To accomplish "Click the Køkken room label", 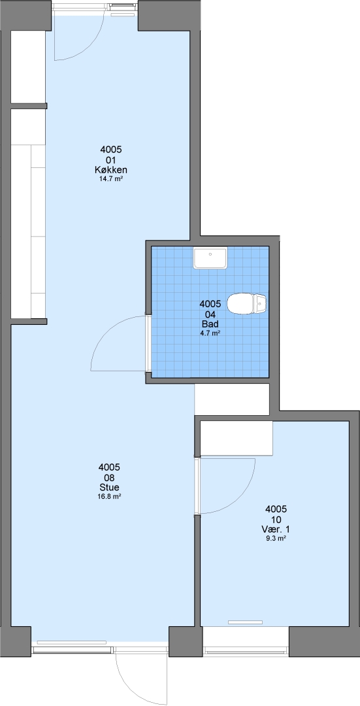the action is [110, 170].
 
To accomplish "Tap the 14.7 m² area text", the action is [110, 178].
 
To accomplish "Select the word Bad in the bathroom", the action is [210, 324].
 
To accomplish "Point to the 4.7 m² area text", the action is [210, 333].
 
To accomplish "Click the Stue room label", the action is [110, 487].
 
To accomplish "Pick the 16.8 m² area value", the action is [110, 496].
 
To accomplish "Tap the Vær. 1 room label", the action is [276, 529].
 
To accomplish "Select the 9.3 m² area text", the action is [276, 538].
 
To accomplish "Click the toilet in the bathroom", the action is [246, 304].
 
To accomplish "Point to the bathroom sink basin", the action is [210, 258].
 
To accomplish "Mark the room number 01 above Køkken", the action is [110, 160].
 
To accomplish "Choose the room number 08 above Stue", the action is [110, 477].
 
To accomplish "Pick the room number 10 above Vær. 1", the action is [276, 519].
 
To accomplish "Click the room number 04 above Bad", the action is [210, 314].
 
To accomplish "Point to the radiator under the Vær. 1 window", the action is [245, 622].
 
